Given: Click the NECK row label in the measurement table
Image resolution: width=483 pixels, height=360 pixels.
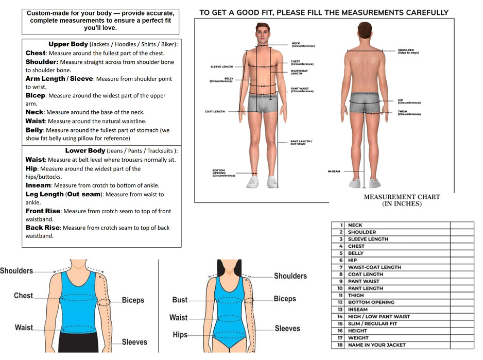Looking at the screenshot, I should click(x=355, y=225).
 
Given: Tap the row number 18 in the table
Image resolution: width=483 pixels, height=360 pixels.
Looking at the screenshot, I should click(x=340, y=345).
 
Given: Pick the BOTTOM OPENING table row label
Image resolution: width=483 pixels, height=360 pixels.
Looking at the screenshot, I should click(x=371, y=302).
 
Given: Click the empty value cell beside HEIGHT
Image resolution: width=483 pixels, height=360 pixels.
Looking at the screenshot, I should click(x=461, y=331).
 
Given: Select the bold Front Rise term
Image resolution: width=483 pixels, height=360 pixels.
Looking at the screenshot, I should click(x=43, y=211).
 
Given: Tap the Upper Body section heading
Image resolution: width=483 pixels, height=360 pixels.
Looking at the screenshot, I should click(x=68, y=44).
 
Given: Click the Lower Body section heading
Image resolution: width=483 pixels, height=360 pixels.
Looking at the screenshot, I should click(x=84, y=151).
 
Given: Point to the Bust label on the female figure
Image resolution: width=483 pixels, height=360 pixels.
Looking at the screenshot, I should click(x=180, y=300).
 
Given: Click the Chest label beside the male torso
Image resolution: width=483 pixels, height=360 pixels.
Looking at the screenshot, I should click(x=23, y=296).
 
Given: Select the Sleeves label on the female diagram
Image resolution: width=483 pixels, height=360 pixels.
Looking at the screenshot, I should click(x=287, y=329).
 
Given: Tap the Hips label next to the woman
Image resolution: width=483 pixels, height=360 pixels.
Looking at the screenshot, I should click(x=180, y=335).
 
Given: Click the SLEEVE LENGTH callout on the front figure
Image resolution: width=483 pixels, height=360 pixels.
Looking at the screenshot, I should click(x=221, y=67).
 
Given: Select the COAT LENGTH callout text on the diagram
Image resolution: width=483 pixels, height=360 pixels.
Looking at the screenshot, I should click(x=215, y=112).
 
